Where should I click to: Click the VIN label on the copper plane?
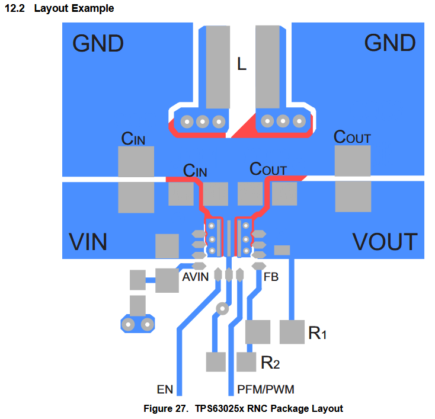point(88,242)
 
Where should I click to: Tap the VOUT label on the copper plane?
point(385,242)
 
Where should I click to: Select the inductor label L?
point(241,64)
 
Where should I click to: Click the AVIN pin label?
point(196,276)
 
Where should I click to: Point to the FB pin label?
point(271,276)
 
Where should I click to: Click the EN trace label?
point(165,389)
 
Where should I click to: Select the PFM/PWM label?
point(266,389)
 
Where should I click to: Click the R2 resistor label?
point(270,362)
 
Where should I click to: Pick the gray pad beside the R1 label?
point(292,332)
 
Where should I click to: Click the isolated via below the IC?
point(222,308)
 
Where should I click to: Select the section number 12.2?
point(14,9)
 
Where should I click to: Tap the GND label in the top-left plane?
point(98,43)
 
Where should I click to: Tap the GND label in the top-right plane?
point(389,43)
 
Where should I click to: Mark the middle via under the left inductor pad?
point(203,121)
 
